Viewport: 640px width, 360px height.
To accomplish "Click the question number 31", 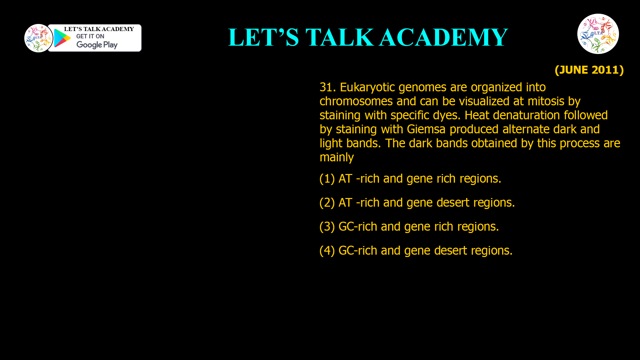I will coord(327,87).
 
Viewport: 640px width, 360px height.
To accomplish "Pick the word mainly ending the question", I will coord(337,157).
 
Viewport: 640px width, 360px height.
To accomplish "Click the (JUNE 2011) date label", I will coord(589,70).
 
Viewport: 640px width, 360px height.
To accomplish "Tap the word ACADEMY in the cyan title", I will coord(443,37).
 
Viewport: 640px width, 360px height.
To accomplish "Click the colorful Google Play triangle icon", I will coord(62,38).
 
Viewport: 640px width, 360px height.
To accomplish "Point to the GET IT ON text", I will coord(90,36).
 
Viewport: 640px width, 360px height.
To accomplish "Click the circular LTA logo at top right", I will coord(598,34).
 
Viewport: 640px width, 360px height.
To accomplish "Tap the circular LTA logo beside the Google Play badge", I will coord(38,38).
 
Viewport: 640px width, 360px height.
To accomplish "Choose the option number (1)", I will coord(327,179).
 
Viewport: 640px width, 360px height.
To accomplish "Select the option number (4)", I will coord(327,251).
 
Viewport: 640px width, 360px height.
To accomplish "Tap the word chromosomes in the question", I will coord(356,101).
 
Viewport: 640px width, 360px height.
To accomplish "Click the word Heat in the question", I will coord(477,115).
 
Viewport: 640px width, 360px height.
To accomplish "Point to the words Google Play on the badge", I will coord(97,45).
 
